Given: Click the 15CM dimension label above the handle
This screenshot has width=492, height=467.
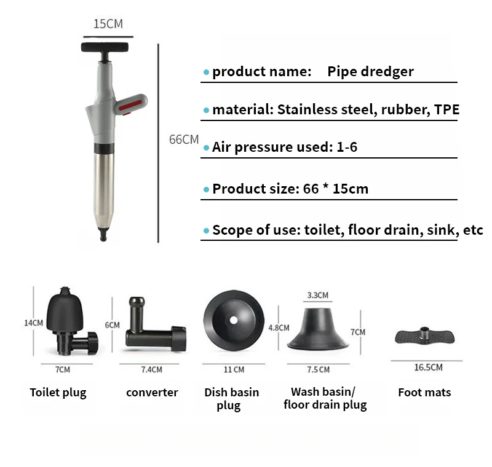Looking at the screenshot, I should click(108, 24).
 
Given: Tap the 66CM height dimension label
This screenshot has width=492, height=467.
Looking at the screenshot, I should click(184, 139).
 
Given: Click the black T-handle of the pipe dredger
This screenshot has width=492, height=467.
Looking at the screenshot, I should click(106, 47).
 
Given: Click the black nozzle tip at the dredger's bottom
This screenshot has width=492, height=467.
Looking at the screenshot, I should click(102, 233).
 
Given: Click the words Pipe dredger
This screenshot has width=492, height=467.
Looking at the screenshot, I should click(370, 71).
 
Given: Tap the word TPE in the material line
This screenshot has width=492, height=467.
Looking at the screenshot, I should click(446, 110).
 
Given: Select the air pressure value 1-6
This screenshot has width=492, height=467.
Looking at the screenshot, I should click(345, 147).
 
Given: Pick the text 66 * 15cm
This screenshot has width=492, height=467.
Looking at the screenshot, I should click(336, 189).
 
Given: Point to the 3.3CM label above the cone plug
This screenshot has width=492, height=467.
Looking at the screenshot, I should click(317, 296).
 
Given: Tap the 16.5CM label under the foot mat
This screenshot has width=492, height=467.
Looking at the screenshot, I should click(428, 367).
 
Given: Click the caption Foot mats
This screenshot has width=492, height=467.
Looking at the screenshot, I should click(424, 392).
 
